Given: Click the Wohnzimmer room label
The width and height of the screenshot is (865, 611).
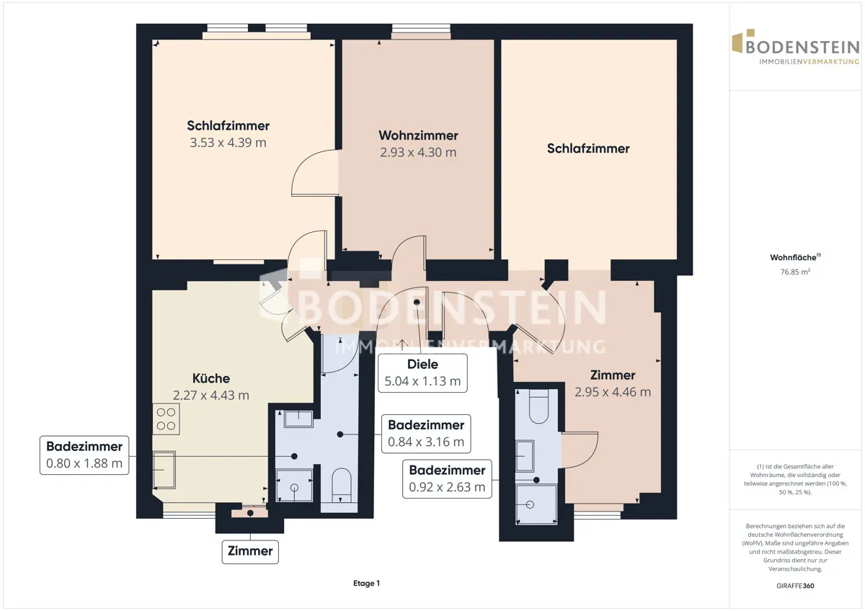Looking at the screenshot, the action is [418, 135].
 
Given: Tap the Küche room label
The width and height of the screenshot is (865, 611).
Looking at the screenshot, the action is [210, 378].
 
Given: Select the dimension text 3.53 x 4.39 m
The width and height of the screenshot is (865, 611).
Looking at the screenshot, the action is [229, 143].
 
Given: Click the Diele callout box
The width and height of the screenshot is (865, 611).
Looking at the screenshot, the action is [422, 373].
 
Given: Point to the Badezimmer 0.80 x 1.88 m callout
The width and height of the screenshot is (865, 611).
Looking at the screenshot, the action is [84, 455].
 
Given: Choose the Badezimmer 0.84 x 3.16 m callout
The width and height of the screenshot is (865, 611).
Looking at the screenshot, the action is [426, 434].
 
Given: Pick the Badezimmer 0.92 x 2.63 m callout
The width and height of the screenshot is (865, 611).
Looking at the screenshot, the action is [447, 478].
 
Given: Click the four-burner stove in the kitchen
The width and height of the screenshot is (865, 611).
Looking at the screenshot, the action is [166, 419].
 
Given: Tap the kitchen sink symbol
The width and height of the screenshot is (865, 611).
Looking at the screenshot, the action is [164, 470].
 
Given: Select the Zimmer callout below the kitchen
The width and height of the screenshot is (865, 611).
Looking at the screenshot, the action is [250, 552].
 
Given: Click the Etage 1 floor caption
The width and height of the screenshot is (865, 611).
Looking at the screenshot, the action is [366, 583].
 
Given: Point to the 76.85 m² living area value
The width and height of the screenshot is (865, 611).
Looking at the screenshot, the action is [795, 272].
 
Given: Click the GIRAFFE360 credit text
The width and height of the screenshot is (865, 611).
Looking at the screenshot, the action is [795, 586].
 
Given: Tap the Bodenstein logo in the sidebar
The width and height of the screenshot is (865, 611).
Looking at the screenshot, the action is [796, 47].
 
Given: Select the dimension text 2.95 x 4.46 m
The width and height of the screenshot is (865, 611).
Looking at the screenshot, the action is [613, 392].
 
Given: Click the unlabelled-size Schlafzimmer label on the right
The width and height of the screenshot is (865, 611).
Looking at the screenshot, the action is [588, 148].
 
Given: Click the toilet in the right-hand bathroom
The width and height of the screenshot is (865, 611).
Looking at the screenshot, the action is [538, 406].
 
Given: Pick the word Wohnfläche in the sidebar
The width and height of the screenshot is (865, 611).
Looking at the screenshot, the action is [793, 257].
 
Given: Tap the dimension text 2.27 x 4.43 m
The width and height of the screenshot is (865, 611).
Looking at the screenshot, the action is [210, 396].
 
